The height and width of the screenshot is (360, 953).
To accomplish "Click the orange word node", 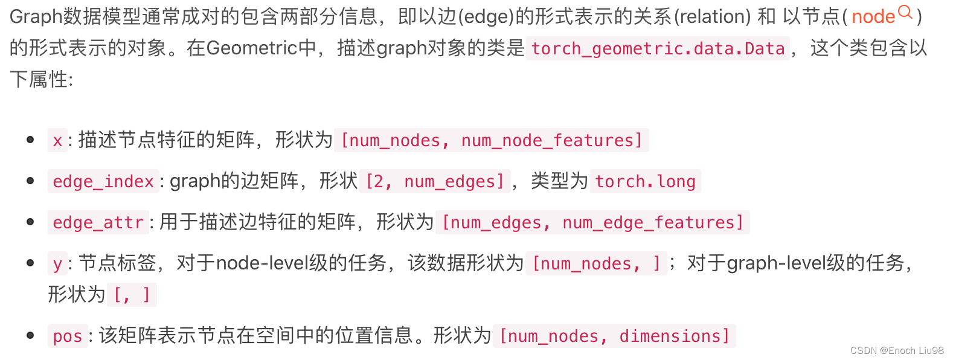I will pos(873,17).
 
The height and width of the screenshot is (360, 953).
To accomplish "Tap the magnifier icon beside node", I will pos(905,11).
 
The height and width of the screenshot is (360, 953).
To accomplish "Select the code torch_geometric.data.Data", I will pos(658,48).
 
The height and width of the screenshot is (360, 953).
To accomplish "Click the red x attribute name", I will pos(57,141).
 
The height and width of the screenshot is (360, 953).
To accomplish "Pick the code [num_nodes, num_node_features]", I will pos(492,141).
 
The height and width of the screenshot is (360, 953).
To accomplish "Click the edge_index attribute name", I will pos(103,182).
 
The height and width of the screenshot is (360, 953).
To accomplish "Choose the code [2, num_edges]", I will pos(435,182).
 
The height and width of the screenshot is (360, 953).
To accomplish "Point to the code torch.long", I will pos(645,182).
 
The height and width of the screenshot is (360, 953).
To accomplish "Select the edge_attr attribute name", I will pos(98,223).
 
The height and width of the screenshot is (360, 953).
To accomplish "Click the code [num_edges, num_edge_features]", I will pos(592,223).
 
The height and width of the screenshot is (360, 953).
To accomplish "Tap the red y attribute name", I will pos(57,264).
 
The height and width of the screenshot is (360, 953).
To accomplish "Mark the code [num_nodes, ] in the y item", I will pos(596,264).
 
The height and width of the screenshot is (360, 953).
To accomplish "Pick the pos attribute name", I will pos(67,336).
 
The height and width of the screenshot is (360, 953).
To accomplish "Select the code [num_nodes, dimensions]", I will pos(614,336).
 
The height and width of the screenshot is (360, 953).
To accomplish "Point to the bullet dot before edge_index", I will pos(30,181).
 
